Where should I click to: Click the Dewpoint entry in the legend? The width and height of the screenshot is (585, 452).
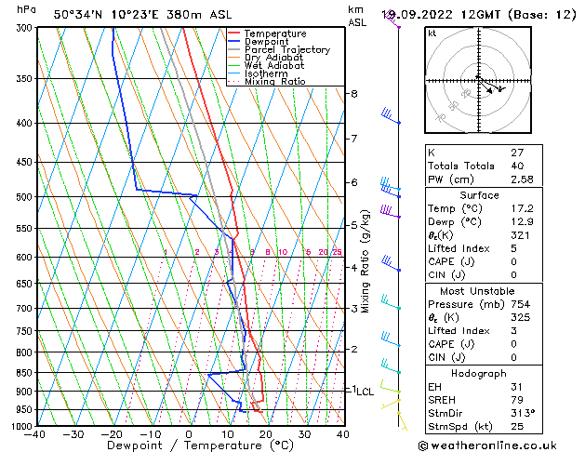coord(267,42)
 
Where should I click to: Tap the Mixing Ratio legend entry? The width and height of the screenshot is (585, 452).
coord(275,82)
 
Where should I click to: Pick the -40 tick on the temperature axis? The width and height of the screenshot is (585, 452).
coord(36,434)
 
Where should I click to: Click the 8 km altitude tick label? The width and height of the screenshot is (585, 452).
coord(353,94)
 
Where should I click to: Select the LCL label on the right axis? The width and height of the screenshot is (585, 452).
coord(365,392)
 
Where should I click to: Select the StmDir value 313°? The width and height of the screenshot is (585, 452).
coord(521,412)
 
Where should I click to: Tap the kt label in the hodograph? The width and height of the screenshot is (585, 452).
coord(432,33)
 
